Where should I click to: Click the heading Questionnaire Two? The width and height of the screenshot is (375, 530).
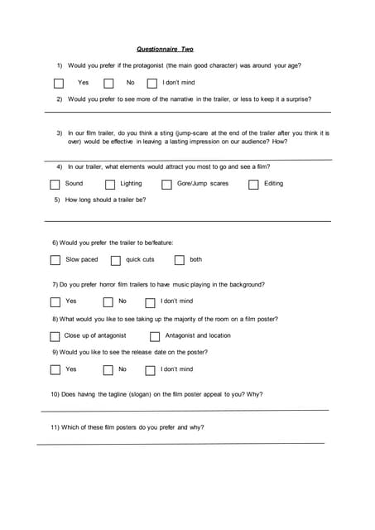(x=165, y=50)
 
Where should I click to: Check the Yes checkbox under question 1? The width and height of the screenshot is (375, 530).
(x=59, y=83)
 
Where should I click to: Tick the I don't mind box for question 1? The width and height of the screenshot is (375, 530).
(x=152, y=83)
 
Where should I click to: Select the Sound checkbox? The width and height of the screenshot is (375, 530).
(x=55, y=185)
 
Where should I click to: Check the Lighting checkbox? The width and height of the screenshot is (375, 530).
(x=110, y=185)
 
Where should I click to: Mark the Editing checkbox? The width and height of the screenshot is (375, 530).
(x=253, y=185)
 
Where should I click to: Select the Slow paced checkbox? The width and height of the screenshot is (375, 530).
(x=55, y=261)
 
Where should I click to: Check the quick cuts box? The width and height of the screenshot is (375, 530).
(x=116, y=261)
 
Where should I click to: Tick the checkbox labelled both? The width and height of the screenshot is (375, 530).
(x=177, y=261)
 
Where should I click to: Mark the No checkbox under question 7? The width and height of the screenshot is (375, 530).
(x=108, y=302)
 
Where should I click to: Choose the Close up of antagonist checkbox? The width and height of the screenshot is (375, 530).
(x=55, y=337)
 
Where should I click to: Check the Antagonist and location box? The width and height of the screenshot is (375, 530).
(x=155, y=337)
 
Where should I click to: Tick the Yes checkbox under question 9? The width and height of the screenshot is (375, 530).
(x=55, y=370)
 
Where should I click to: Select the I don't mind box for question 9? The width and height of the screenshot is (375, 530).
(x=151, y=370)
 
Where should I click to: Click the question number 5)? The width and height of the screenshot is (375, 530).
(x=57, y=200)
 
